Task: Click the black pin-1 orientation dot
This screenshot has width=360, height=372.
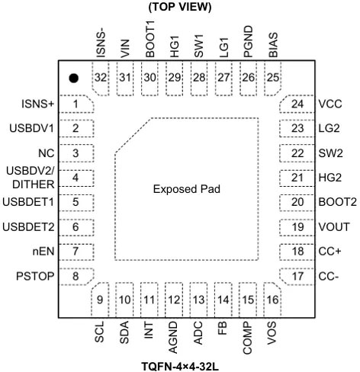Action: point(73,78)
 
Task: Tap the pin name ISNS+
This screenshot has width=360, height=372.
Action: point(38,104)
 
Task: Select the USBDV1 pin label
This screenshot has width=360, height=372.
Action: point(32,128)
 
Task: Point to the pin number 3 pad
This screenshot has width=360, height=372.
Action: point(76,153)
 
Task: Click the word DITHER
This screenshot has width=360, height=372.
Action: point(34,184)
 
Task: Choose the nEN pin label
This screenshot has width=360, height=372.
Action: point(43,252)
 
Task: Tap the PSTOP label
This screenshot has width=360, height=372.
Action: point(35,276)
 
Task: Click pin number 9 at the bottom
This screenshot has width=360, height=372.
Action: point(100,300)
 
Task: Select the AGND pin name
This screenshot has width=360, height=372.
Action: point(173,338)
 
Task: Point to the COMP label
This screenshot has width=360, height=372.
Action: point(247,338)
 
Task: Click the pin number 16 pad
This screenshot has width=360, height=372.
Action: point(272,300)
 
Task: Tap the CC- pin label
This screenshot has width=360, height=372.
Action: point(329,276)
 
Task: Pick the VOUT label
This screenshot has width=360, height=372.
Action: point(334,227)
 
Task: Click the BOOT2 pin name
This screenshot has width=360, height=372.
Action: point(338,202)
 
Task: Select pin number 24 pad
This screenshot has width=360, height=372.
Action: point(297,104)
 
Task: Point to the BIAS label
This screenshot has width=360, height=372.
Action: point(273,45)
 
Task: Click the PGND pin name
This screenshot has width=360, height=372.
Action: point(248,41)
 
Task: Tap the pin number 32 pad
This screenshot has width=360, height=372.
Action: point(100,78)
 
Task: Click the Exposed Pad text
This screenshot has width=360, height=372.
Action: point(187,189)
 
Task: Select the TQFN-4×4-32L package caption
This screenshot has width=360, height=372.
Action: point(180,367)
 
